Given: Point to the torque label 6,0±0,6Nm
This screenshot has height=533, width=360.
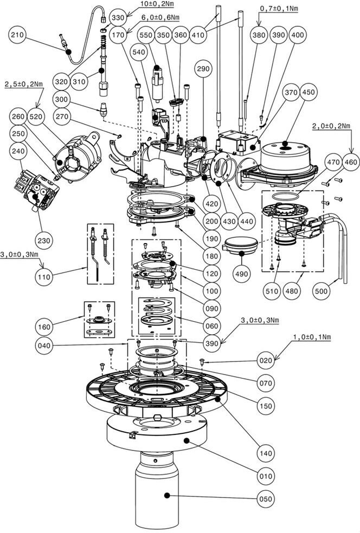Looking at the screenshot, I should click(x=146, y=17).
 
